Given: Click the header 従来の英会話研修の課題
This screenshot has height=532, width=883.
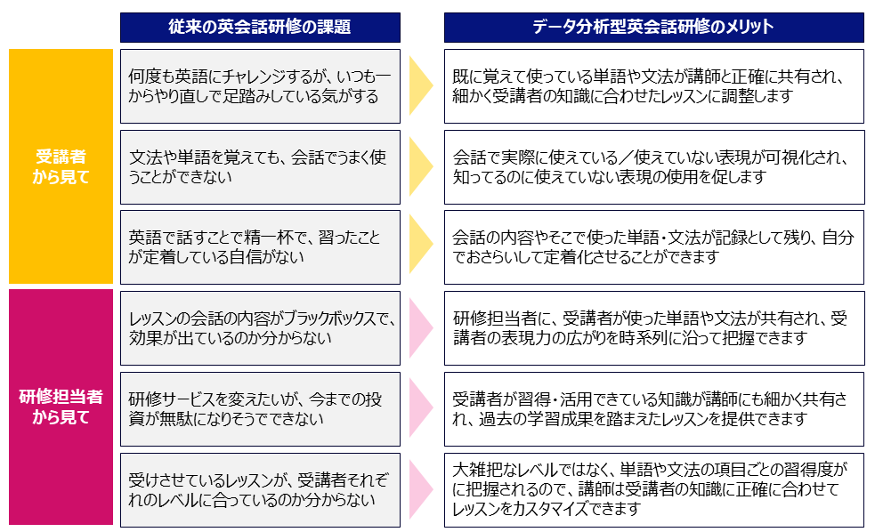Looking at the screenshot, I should point(259,28).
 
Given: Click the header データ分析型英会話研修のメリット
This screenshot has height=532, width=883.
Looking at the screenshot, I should point(654,28).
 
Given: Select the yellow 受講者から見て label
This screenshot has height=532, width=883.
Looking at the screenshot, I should point(61,166).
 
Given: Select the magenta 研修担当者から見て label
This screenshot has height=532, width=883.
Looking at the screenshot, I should point(61,407).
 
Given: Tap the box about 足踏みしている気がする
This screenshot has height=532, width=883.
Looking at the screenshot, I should point(259,86).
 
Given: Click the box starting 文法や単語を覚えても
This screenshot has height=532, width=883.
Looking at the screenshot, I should point(259,167).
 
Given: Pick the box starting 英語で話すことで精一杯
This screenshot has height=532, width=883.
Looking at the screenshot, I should point(259,247).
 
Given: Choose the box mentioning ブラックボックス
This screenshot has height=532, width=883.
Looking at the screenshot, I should point(259,328).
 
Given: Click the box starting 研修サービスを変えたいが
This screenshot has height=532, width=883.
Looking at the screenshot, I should point(259,409).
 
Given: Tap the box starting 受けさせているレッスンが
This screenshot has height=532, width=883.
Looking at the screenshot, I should point(259,490).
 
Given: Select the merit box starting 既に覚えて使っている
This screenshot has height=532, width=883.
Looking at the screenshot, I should point(654,86).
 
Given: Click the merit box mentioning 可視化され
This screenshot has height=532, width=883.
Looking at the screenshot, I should point(654,167).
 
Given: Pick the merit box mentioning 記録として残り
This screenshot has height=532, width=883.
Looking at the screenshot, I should point(654,247).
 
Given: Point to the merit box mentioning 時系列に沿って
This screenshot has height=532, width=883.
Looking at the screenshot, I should point(654,328).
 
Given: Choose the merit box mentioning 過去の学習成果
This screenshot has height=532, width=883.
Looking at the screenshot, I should point(654,409).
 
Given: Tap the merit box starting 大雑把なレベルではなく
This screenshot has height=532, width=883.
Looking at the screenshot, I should point(654,490).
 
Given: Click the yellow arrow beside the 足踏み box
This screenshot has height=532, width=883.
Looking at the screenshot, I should point(419,86).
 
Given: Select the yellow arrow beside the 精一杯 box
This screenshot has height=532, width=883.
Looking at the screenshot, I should point(419,247).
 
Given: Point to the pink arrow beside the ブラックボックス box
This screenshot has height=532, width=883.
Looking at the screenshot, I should point(419,328).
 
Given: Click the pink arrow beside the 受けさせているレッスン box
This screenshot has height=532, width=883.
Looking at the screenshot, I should point(419,490).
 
